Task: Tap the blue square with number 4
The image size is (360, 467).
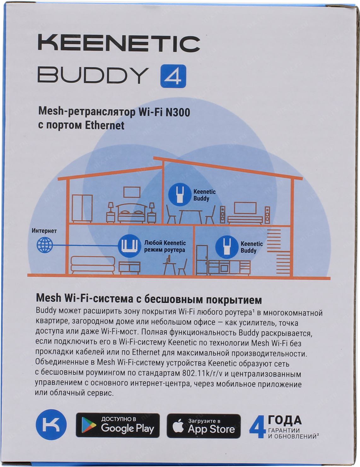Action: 173,76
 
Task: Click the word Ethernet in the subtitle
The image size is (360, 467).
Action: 105,125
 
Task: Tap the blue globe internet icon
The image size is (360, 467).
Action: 45,245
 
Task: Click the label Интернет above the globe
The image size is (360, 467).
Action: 44,231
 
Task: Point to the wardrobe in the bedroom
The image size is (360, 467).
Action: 82,209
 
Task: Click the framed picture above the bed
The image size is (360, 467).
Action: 132,192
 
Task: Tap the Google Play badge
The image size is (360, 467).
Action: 118,425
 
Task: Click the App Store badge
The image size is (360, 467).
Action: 204,426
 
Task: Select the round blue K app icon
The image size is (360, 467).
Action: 51,425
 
